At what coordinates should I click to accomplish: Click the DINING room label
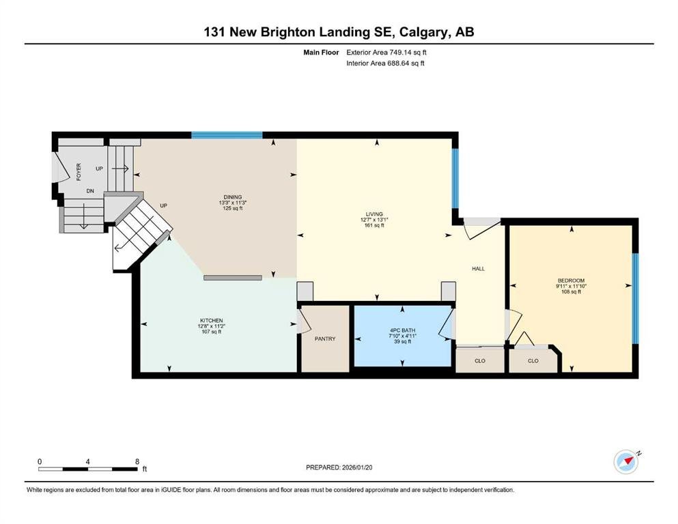(233, 197)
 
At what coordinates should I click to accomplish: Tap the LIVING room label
(374, 214)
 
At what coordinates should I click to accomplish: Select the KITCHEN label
(212, 321)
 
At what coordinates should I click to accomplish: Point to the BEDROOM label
(571, 280)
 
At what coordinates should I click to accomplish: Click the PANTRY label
(325, 338)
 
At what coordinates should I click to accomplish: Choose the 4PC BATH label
(402, 330)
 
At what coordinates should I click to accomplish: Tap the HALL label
(478, 269)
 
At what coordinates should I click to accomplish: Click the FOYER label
(79, 171)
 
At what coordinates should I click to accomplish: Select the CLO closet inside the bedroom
(533, 361)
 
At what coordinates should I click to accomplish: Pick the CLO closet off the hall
(480, 361)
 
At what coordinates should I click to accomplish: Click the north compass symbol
(627, 461)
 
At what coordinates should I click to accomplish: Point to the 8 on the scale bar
(137, 461)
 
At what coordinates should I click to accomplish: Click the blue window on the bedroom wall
(635, 298)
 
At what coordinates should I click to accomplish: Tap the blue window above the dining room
(227, 135)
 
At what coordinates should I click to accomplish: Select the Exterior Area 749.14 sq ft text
(386, 53)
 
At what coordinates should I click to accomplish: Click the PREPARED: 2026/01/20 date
(339, 467)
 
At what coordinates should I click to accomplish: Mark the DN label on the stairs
(90, 191)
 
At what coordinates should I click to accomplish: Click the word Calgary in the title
(424, 32)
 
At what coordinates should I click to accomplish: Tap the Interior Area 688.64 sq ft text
(385, 63)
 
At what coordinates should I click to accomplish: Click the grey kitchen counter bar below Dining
(233, 278)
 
